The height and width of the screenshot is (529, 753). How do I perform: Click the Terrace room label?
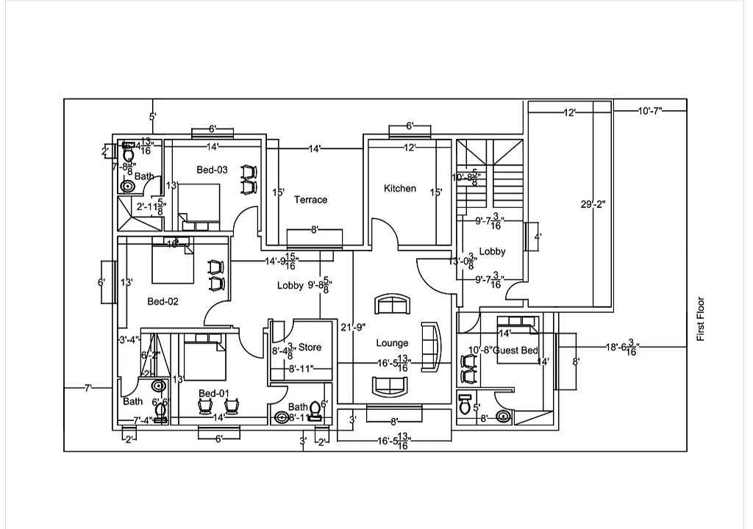pyautogui.click(x=310, y=200)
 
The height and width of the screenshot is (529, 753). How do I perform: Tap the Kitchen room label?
pyautogui.click(x=400, y=189)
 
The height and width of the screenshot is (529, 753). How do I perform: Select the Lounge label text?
pyautogui.click(x=392, y=343)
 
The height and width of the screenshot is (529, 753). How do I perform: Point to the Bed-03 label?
pyautogui.click(x=212, y=170)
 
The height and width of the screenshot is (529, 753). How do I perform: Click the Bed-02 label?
pyautogui.click(x=163, y=301)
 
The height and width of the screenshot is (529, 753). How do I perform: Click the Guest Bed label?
pyautogui.click(x=515, y=351)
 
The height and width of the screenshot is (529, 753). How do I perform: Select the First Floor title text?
pyautogui.click(x=701, y=318)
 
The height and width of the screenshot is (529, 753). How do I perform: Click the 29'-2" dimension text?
pyautogui.click(x=593, y=204)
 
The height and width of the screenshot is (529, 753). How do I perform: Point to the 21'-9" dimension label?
pyautogui.click(x=354, y=328)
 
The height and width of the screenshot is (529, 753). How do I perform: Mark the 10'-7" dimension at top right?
pyautogui.click(x=650, y=111)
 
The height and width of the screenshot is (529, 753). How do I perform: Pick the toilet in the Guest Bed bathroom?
pyautogui.click(x=465, y=405)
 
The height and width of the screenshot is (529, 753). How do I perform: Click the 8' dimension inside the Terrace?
pyautogui.click(x=314, y=230)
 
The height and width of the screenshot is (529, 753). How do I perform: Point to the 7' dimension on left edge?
pyautogui.click(x=88, y=388)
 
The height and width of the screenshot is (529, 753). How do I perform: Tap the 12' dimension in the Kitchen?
pyautogui.click(x=409, y=148)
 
